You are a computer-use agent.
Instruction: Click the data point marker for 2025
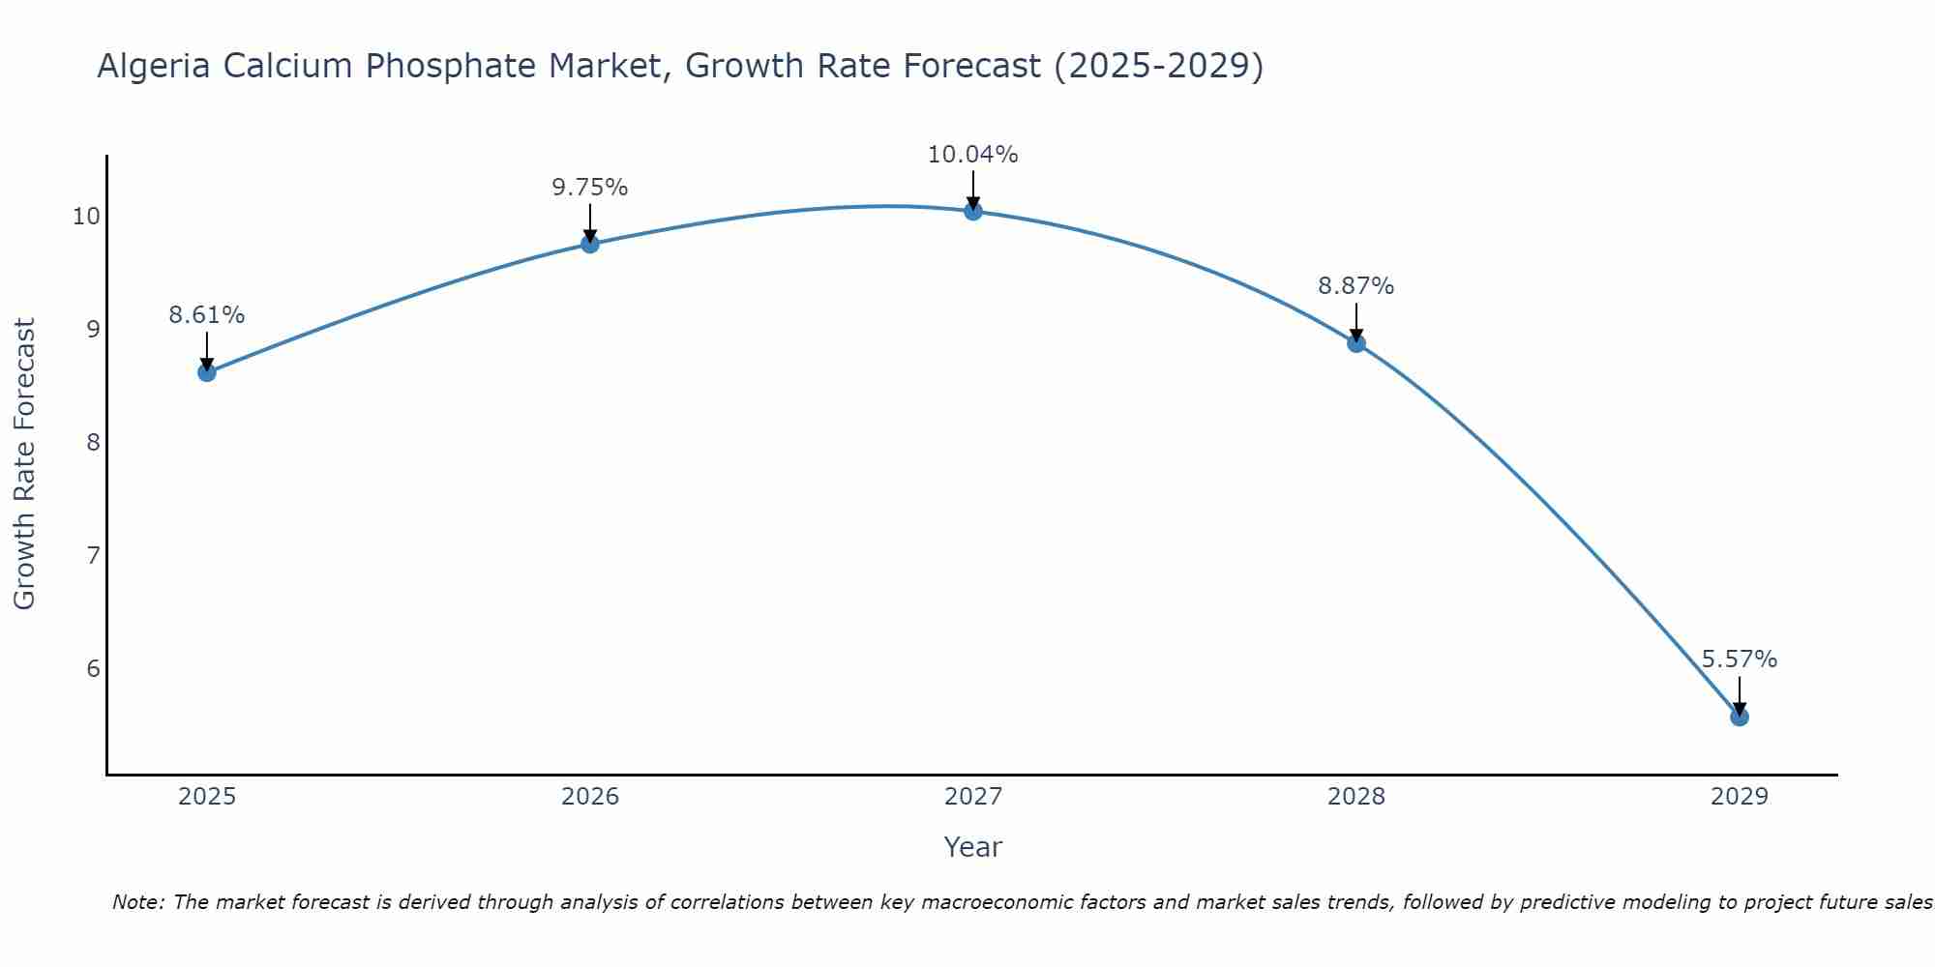(207, 372)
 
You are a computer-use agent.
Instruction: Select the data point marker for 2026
(590, 244)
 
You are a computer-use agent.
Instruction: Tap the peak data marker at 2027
(973, 211)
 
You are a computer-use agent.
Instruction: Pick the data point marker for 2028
(1356, 343)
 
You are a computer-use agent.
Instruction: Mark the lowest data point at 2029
(1740, 717)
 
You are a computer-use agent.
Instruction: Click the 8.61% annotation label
(207, 315)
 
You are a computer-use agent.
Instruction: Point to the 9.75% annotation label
(590, 188)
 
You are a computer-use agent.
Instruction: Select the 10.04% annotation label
(973, 155)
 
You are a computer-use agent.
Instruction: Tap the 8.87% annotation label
(1356, 286)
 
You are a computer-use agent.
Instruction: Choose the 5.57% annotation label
(1740, 659)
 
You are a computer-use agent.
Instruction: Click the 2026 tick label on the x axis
(590, 797)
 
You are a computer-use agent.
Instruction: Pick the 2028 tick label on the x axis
(1356, 797)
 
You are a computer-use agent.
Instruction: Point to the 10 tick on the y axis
(86, 216)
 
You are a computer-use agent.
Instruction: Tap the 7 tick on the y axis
(93, 556)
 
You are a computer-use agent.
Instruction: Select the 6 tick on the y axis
(93, 669)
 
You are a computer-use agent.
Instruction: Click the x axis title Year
(973, 847)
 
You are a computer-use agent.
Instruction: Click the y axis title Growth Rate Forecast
(25, 464)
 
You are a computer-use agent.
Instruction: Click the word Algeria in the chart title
(155, 66)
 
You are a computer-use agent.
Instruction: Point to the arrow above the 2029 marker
(1740, 694)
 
